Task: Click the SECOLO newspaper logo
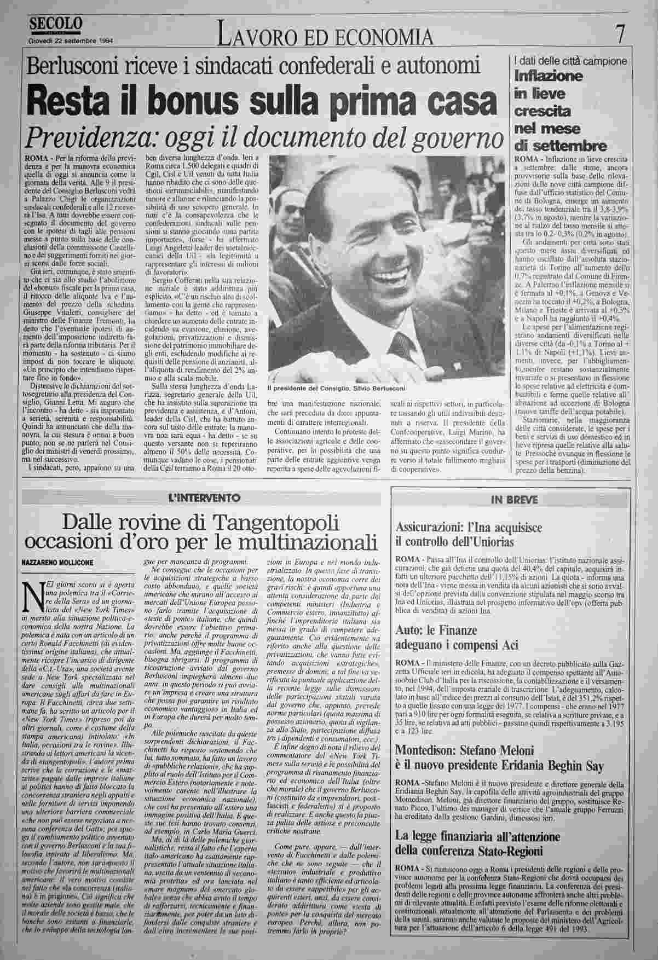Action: coord(56,24)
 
